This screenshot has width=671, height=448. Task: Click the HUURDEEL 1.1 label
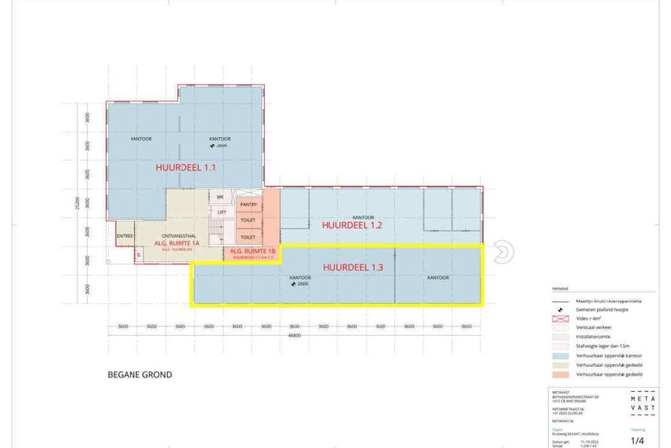click(x=185, y=167)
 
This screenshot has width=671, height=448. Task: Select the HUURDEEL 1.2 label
click(x=351, y=225)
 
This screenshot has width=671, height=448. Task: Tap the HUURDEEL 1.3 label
click(x=352, y=267)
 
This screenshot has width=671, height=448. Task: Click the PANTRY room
click(x=249, y=204)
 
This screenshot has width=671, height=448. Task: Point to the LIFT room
click(x=221, y=212)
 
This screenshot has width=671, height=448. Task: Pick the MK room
click(x=220, y=197)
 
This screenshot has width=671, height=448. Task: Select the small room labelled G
click(x=137, y=254)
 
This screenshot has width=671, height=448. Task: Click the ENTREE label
click(x=123, y=235)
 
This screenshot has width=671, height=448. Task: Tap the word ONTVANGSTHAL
click(x=175, y=235)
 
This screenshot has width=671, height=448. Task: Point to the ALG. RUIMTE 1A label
click(x=176, y=244)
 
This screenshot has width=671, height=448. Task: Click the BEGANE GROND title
click(x=139, y=375)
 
